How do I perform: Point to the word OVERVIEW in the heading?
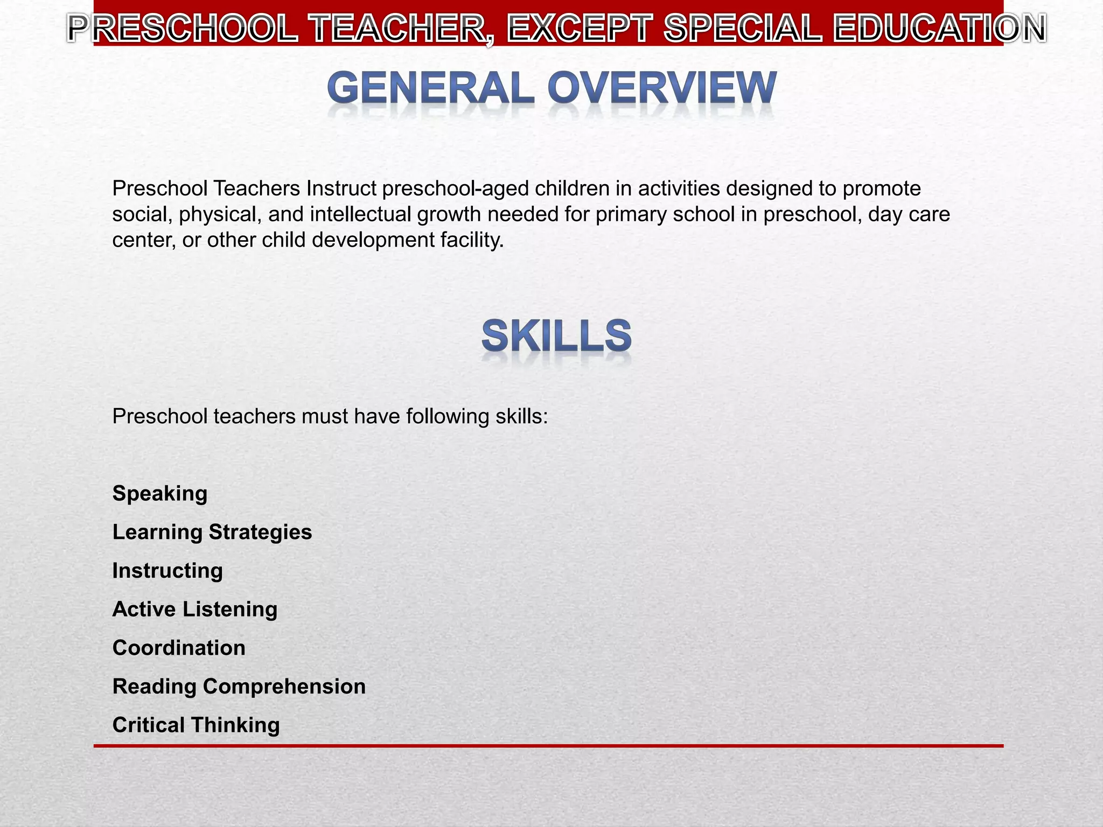(x=662, y=88)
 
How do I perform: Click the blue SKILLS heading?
(x=556, y=336)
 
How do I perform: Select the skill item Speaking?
(x=160, y=493)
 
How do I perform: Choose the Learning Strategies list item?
(x=212, y=532)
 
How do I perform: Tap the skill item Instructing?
(x=167, y=571)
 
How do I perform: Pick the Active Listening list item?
(x=195, y=609)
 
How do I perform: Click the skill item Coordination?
(x=179, y=648)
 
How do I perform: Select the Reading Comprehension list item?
(x=239, y=686)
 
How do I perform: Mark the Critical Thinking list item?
(x=196, y=725)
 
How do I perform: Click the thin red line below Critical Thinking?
(x=548, y=746)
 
